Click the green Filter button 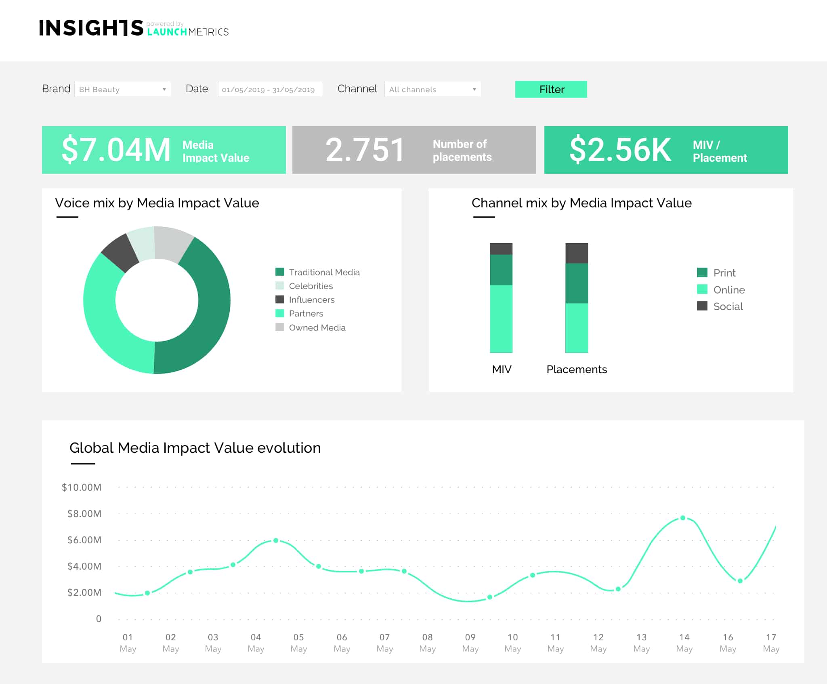click(551, 89)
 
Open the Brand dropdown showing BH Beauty click(122, 89)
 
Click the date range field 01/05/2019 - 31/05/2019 click(270, 89)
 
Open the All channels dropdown click(432, 89)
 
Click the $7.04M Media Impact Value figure click(116, 150)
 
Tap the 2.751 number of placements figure click(365, 150)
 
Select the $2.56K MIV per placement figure click(620, 150)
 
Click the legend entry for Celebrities click(311, 286)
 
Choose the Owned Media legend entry click(317, 328)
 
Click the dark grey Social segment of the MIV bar click(501, 249)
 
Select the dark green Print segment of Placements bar click(577, 283)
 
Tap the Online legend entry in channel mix click(728, 290)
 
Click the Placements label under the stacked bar click(576, 369)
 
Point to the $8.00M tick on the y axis click(84, 514)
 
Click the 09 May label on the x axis click(470, 643)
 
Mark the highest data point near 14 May click(682, 518)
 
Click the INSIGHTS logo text click(91, 28)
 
